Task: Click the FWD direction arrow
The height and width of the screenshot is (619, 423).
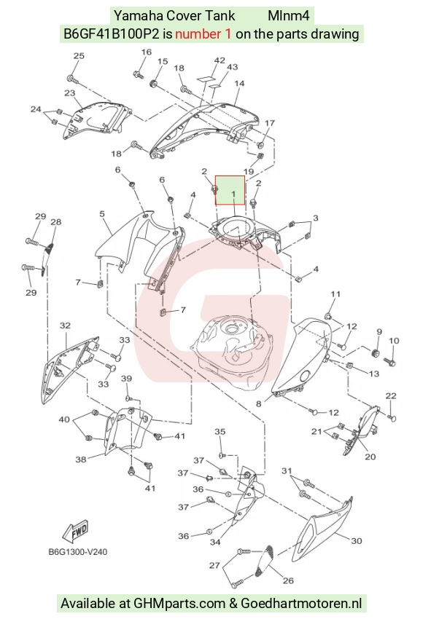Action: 76,532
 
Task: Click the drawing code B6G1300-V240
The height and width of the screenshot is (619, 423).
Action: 77,551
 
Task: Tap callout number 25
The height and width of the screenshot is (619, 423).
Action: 79,55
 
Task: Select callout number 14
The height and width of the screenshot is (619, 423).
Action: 239,83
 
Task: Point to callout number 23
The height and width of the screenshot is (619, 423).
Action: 69,93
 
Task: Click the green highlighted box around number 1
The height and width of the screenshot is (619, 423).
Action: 230,190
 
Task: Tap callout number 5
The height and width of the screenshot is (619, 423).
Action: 102,214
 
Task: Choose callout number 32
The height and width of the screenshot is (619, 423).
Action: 65,326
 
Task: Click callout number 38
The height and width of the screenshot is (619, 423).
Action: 81,459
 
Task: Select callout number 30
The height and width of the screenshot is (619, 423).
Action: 357,540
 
